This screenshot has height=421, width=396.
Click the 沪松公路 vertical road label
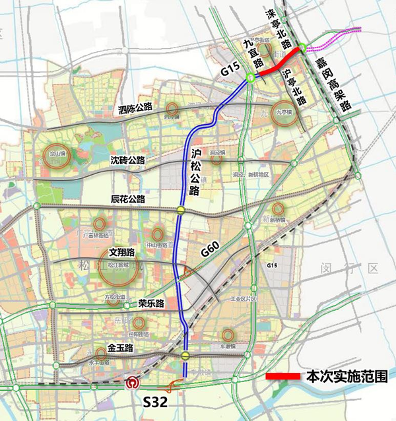click(195, 172)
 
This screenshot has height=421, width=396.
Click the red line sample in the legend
click(283, 376)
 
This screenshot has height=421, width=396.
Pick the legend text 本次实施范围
click(346, 376)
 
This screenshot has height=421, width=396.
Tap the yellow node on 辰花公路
click(180, 210)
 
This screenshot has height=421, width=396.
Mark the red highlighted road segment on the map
click(277, 65)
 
